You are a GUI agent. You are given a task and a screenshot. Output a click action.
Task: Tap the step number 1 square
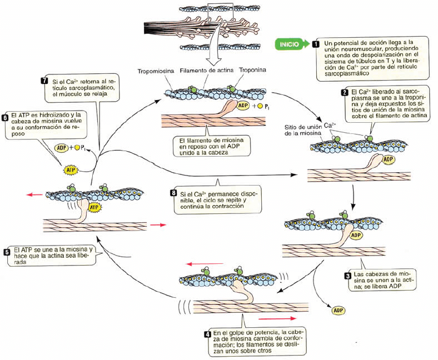(316, 44)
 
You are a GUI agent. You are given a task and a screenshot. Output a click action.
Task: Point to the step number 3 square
(348, 276)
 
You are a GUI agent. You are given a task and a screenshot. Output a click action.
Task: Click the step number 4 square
(207, 334)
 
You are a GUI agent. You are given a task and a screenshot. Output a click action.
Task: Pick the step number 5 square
(7, 252)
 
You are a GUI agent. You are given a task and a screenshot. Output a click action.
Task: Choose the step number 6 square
(5, 118)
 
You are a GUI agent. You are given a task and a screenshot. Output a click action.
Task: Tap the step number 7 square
(44, 81)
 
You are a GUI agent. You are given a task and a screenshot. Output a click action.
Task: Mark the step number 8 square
(173, 193)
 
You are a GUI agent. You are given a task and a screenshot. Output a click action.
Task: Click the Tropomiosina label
(156, 71)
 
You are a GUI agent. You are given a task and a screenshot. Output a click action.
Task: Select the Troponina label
(252, 70)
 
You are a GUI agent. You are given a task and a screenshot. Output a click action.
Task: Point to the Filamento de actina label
(206, 71)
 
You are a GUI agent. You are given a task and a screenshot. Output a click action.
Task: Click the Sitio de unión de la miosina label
(303, 130)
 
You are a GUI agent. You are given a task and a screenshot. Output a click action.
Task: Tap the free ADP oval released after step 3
(339, 311)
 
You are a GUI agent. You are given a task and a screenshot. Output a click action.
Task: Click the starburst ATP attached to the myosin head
(94, 208)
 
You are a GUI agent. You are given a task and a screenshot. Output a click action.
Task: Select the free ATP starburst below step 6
(71, 169)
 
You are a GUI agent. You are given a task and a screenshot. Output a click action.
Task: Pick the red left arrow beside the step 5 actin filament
(34, 194)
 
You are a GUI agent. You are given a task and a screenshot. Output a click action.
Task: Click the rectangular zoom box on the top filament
(221, 11)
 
